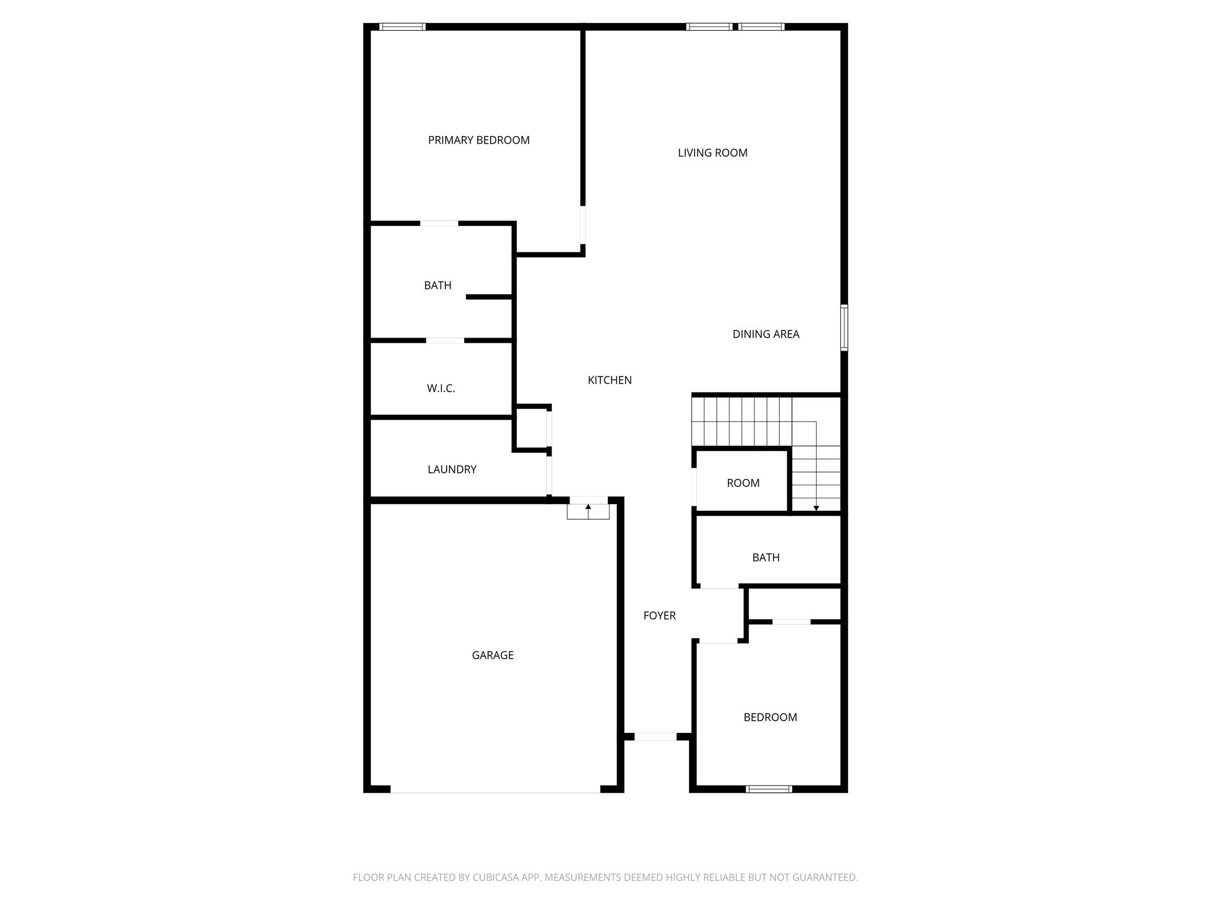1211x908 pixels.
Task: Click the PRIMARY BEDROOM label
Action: [478, 140]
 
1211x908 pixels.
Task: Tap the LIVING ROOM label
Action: [713, 153]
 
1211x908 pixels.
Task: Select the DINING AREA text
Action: [766, 334]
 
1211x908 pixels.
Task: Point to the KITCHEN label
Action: [610, 380]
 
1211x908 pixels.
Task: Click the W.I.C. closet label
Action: [441, 388]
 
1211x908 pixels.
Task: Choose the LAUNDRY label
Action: [452, 469]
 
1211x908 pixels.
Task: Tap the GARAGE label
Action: [493, 655]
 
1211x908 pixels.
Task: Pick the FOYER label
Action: [659, 615]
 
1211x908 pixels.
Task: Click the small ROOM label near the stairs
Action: [743, 483]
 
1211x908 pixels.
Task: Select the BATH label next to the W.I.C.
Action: [438, 286]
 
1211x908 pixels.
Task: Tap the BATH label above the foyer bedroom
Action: [766, 557]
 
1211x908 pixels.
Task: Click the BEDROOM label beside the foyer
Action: [770, 717]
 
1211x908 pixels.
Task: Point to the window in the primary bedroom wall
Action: [402, 27]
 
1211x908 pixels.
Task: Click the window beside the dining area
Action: [844, 327]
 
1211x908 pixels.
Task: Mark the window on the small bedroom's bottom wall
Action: [769, 789]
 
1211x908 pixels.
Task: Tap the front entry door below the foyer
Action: [655, 737]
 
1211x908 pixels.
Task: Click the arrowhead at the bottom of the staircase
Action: [816, 508]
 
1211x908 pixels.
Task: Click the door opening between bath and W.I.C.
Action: [445, 340]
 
